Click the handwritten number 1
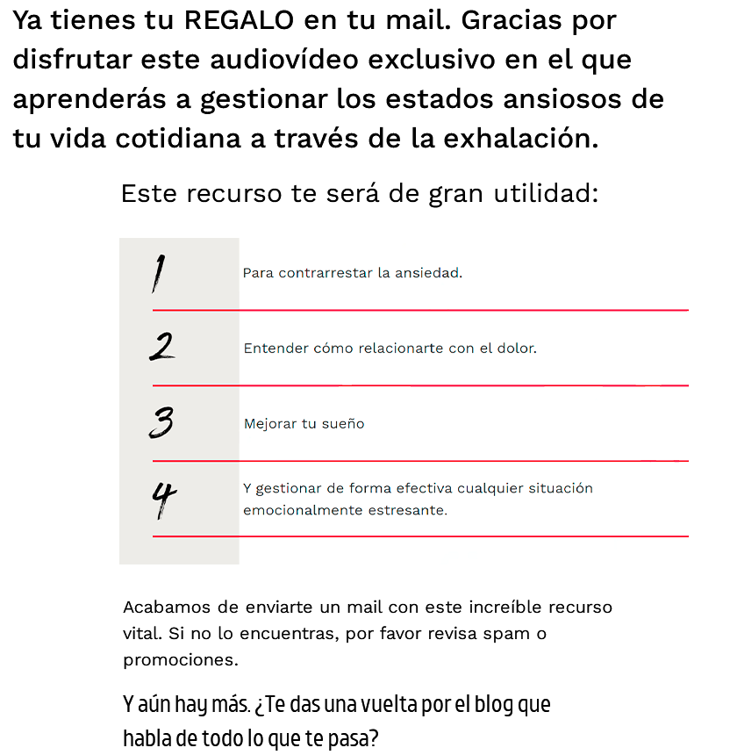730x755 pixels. click(157, 273)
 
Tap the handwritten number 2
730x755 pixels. click(161, 347)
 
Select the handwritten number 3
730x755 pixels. click(161, 422)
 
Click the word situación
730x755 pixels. click(561, 488)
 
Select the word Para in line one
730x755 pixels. click(258, 273)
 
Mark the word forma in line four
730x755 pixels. click(367, 488)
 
